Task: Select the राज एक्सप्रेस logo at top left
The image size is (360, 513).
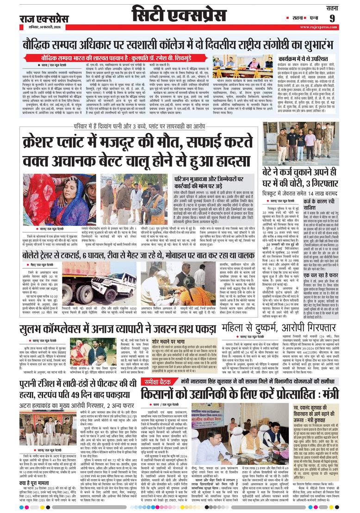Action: (44, 19)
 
